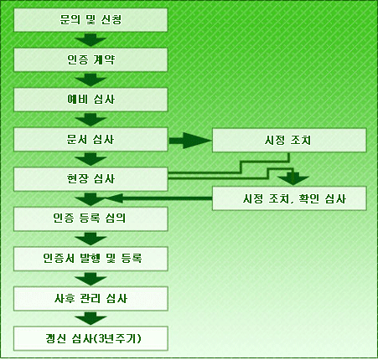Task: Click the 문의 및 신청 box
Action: (91, 20)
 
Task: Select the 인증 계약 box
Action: (91, 59)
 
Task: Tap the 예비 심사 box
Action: (91, 100)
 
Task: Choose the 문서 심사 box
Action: (91, 140)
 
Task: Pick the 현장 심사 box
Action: (91, 179)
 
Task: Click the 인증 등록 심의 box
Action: (91, 219)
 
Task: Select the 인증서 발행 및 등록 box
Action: (91, 259)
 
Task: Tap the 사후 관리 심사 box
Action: (91, 299)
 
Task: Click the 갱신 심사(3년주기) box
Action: (91, 338)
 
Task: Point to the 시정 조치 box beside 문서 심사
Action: (289, 140)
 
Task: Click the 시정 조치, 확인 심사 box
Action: (289, 198)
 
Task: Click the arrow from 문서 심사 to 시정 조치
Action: (190, 141)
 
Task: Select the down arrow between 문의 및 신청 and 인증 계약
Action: (91, 40)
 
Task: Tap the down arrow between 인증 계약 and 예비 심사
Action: (91, 80)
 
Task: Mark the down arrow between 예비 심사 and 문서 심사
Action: (91, 120)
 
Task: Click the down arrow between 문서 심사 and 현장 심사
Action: (91, 160)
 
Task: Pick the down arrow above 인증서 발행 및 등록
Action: (91, 239)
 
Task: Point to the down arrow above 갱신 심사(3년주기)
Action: (91, 318)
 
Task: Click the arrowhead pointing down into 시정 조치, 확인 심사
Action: (293, 178)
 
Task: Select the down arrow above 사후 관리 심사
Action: (91, 279)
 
